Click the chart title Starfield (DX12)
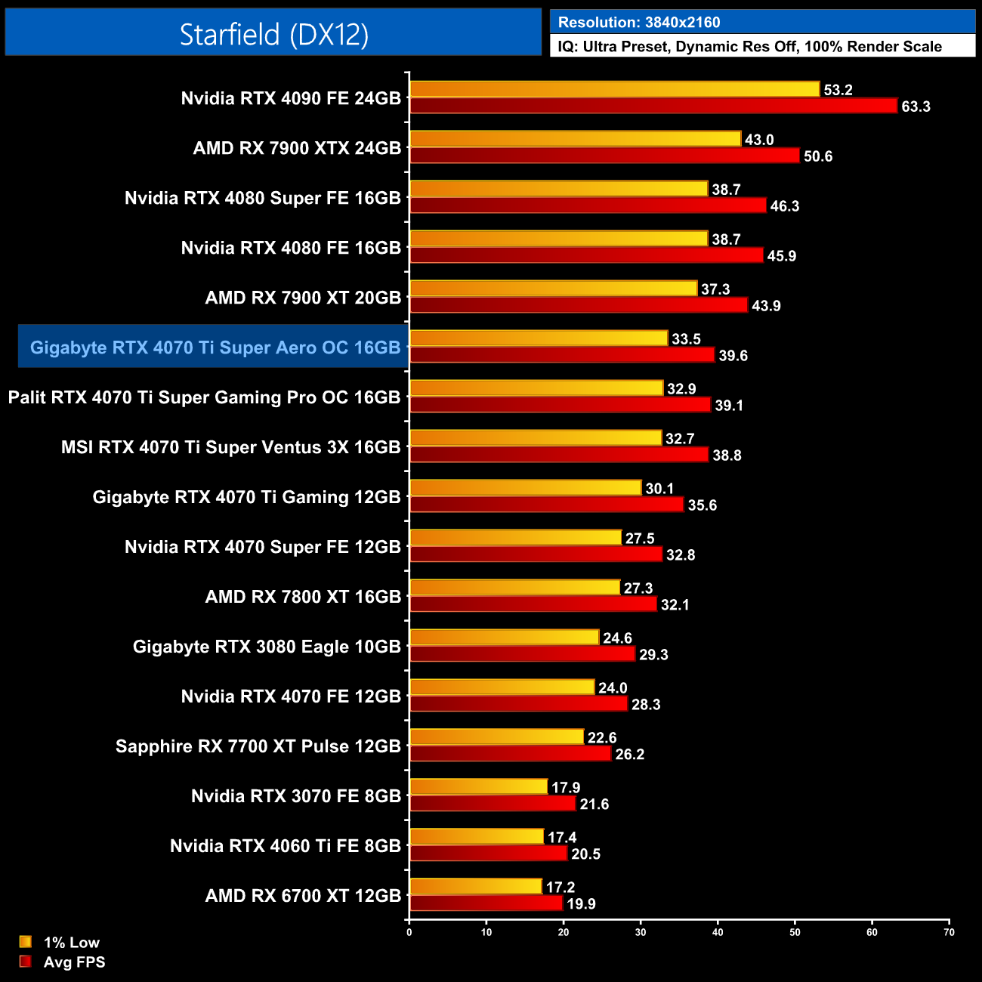273,34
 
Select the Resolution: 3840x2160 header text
639,23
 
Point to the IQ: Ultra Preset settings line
749,47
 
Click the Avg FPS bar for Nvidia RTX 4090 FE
653,106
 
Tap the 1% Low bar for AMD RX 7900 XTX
575,139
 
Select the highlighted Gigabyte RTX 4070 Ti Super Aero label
215,347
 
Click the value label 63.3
916,107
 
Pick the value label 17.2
560,888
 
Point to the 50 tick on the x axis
795,932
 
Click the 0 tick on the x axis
409,932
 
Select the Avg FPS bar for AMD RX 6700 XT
486,903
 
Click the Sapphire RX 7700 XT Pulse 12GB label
258,746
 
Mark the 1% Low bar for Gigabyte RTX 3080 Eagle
504,638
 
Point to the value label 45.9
782,256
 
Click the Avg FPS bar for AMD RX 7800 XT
533,604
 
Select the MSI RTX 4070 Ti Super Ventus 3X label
230,447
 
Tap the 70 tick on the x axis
949,932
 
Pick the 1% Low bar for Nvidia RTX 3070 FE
478,787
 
